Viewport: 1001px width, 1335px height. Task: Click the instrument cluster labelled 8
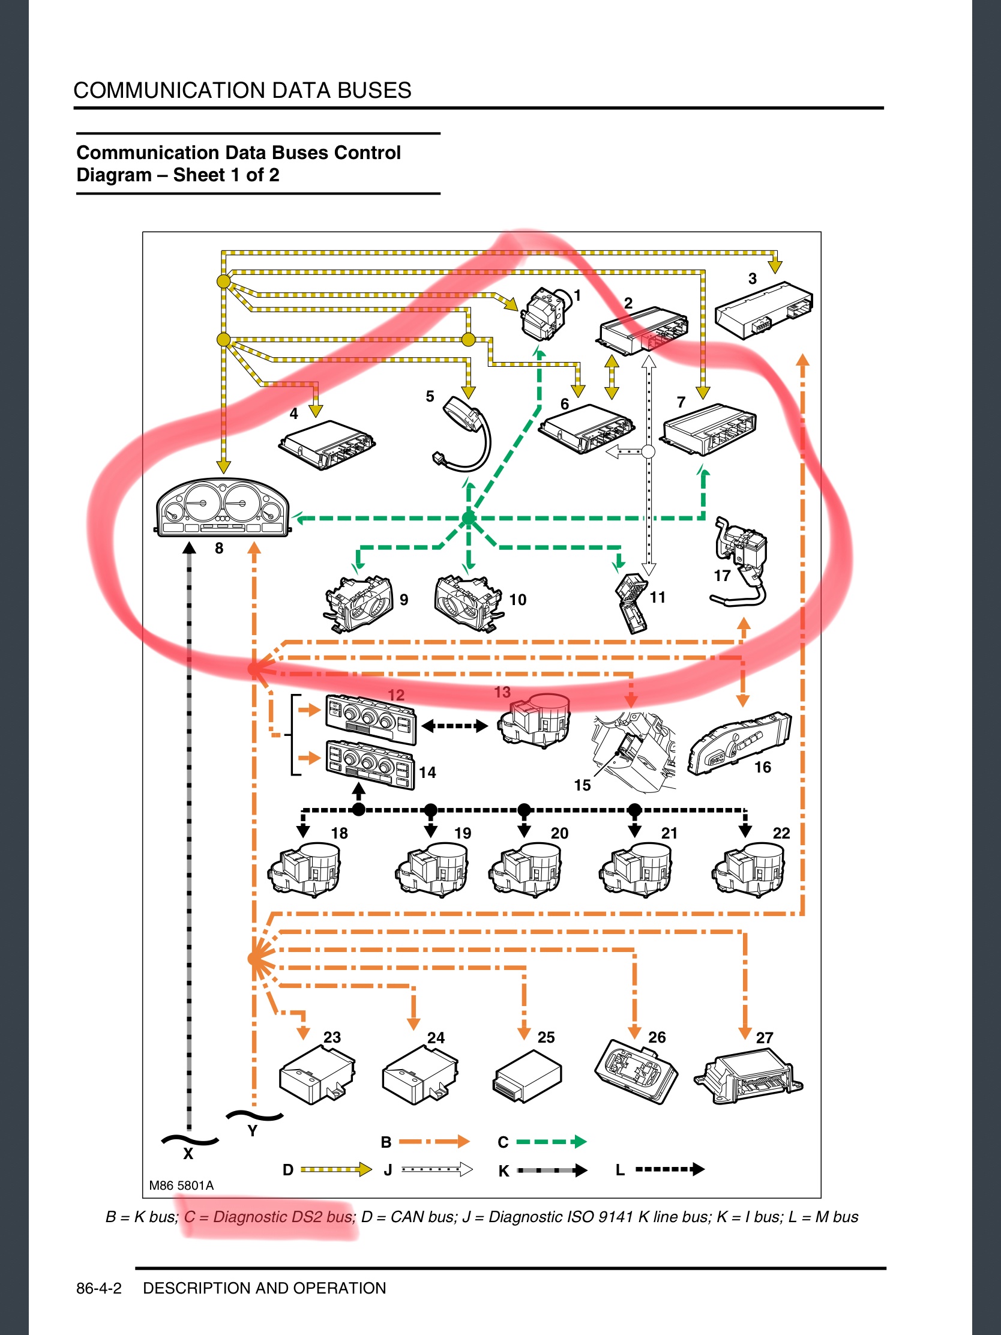(223, 508)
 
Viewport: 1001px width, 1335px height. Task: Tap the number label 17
(722, 576)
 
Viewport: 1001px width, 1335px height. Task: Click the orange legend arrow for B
(434, 1141)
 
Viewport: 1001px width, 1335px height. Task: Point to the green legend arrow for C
(551, 1141)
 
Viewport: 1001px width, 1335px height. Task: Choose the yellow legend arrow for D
(335, 1170)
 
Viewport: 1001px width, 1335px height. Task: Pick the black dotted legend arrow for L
(670, 1169)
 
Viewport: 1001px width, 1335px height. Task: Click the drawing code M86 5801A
(181, 1186)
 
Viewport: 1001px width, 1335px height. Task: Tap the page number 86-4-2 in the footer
(99, 1289)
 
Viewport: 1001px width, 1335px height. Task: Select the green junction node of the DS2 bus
(469, 518)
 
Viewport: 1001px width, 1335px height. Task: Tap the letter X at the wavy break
(188, 1153)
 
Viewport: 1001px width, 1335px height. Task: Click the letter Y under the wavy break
(253, 1130)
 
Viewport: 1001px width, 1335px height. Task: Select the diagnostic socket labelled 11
(631, 603)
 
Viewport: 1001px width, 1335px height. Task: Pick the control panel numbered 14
(370, 765)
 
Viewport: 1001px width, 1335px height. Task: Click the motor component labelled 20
(526, 869)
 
